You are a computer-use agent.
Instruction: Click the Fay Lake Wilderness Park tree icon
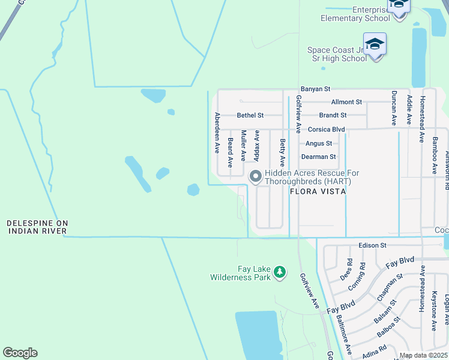click(x=279, y=272)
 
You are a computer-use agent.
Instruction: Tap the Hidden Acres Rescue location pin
click(x=255, y=176)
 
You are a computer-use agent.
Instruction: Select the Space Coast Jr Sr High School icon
click(x=375, y=46)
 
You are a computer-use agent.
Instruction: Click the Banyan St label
click(x=316, y=89)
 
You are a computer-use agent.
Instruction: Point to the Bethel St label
click(x=250, y=115)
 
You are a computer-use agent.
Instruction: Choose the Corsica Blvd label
click(x=326, y=129)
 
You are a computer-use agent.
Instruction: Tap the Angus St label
click(x=318, y=143)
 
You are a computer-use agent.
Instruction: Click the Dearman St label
click(x=318, y=157)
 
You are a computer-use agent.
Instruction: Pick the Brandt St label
click(x=333, y=115)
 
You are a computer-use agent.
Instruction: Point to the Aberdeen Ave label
click(x=217, y=133)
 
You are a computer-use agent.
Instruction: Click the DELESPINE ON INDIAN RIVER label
click(x=37, y=227)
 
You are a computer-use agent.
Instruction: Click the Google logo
click(x=20, y=353)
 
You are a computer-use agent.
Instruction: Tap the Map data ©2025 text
click(x=423, y=355)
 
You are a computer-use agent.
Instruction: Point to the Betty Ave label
click(x=282, y=153)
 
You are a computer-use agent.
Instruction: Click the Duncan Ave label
click(x=394, y=108)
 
